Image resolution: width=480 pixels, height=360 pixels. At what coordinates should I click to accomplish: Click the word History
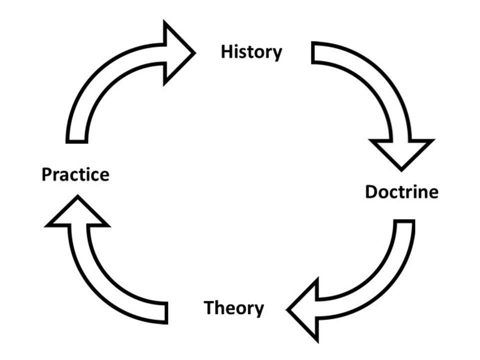pyautogui.click(x=251, y=52)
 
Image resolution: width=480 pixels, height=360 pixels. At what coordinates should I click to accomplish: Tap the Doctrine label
pyautogui.click(x=401, y=192)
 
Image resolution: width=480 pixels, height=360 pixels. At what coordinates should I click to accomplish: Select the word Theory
pyautogui.click(x=233, y=308)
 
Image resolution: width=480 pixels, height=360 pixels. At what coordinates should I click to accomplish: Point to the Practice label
pyautogui.click(x=75, y=175)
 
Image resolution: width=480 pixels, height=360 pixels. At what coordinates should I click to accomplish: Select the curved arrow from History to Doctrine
pyautogui.click(x=372, y=85)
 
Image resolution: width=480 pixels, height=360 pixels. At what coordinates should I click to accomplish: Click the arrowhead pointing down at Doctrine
pyautogui.click(x=400, y=152)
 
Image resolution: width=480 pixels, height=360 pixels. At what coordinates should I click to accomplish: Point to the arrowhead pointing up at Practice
pyautogui.click(x=77, y=212)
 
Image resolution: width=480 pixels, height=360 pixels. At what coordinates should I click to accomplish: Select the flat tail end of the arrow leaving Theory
pyautogui.click(x=165, y=312)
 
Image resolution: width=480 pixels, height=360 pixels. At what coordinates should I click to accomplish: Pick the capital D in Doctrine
pyautogui.click(x=371, y=192)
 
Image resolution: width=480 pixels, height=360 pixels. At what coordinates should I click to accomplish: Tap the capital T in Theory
pyautogui.click(x=209, y=307)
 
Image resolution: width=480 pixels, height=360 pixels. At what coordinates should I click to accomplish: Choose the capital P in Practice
pyautogui.click(x=47, y=175)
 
